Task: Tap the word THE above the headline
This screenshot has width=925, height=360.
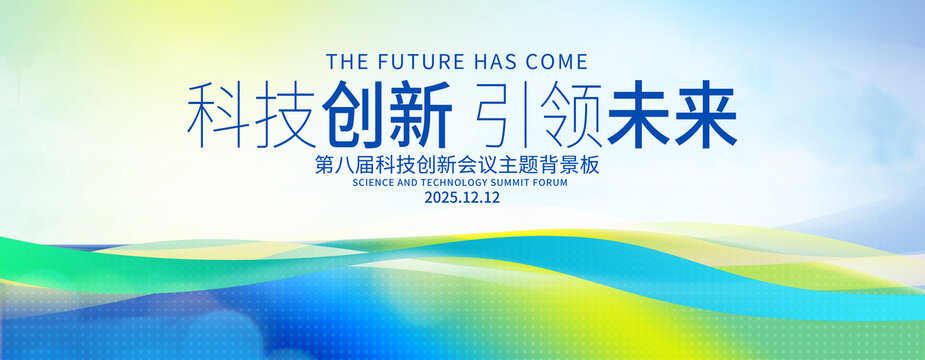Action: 345,61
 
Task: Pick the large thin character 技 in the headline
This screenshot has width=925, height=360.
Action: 284,115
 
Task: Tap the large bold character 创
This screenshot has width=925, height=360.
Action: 353,114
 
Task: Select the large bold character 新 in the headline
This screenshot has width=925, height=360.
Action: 419,114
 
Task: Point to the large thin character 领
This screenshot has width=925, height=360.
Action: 570,115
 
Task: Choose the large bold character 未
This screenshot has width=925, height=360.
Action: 639,114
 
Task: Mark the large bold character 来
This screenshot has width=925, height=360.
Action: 706,114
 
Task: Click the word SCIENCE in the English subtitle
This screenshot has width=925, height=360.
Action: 373,182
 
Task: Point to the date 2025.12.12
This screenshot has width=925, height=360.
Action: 462,198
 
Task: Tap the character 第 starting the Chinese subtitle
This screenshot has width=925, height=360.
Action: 324,165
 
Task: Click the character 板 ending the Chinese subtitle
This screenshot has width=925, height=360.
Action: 591,165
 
